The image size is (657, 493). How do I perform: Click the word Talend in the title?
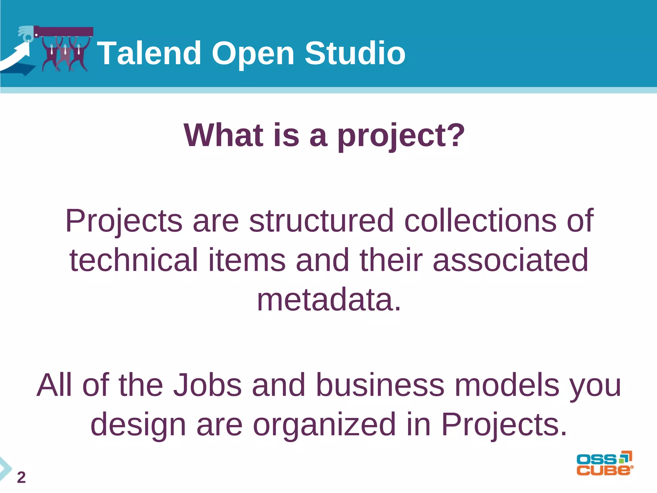coord(149,53)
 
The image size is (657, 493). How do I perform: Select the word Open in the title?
coord(253,54)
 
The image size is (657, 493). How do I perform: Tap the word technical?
coord(134,260)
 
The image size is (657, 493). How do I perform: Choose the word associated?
coord(510,260)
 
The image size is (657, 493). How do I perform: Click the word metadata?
coord(329,299)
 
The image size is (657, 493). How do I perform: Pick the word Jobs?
coord(207,385)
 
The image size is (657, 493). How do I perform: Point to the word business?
coord(380,385)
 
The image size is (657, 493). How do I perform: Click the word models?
coord(507,385)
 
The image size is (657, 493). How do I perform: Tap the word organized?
coord(324,425)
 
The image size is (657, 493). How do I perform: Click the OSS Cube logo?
coord(604,463)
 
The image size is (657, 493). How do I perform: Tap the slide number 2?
coord(21,478)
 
